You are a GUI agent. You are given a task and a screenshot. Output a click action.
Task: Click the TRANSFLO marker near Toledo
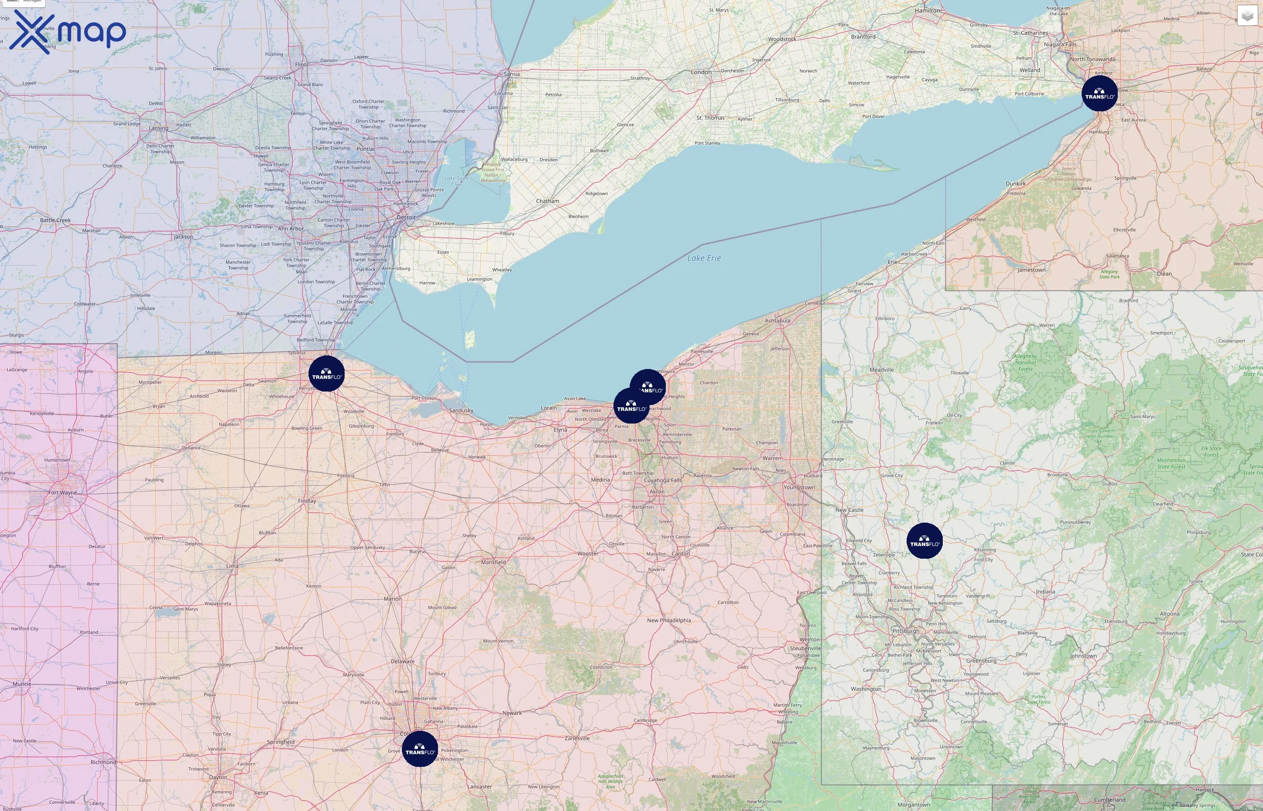coord(326,374)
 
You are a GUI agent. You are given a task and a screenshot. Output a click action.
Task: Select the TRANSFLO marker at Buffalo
coord(1099,93)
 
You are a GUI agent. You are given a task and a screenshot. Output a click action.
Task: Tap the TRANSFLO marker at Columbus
coord(419,748)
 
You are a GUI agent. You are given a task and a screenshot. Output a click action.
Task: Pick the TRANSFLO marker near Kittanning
coord(925,541)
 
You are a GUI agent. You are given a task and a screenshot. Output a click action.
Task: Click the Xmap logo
coord(68,32)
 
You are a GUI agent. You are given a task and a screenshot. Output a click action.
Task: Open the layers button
coord(1247,16)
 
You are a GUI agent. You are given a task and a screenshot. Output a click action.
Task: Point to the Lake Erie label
coord(704,258)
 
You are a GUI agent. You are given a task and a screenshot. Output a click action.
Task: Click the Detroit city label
coord(406,217)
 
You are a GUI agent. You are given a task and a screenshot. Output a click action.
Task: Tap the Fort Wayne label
coord(63,492)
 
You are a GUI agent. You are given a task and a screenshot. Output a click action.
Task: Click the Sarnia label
coord(512,74)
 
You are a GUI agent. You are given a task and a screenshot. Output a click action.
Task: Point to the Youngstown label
coord(799,487)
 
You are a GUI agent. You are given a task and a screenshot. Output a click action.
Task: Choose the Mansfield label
coord(493,562)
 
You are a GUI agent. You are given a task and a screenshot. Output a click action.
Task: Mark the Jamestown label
coord(1032,269)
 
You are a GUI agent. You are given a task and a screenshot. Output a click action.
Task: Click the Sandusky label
coord(461,410)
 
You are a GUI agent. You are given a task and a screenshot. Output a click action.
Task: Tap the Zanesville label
coord(577,738)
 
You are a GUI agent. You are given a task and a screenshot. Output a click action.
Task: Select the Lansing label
coord(158,128)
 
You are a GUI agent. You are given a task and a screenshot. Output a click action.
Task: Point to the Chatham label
coord(547,201)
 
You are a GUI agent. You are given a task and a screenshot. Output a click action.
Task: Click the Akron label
coord(657,492)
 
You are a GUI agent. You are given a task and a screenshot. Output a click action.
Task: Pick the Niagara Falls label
coord(1060,44)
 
